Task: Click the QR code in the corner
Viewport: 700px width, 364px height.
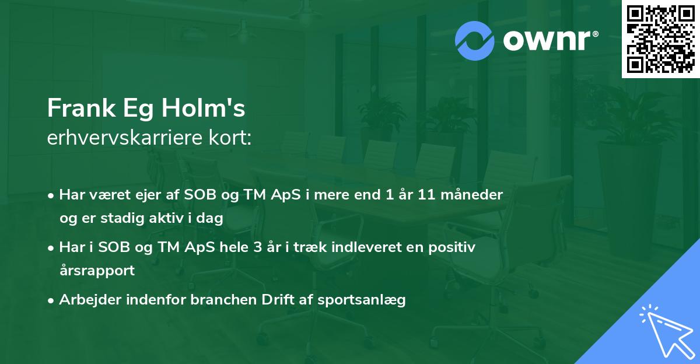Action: pyautogui.click(x=661, y=39)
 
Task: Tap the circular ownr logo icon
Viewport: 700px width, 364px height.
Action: pyautogui.click(x=475, y=40)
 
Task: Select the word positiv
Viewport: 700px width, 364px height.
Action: pyautogui.click(x=452, y=247)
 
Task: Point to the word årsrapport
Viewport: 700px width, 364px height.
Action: pyautogui.click(x=97, y=271)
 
